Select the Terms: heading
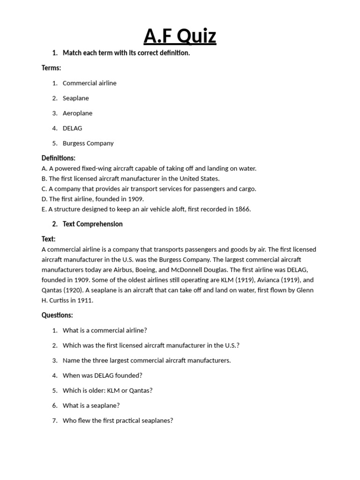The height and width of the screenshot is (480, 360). [51, 68]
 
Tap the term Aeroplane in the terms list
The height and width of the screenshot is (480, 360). [77, 113]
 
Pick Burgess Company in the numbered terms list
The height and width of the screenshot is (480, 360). [88, 143]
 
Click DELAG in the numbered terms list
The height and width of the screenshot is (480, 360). [72, 128]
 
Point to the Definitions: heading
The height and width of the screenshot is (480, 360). [58, 158]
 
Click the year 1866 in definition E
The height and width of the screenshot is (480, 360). [242, 209]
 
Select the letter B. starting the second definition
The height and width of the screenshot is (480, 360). [44, 179]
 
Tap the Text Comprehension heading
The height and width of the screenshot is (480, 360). [92, 224]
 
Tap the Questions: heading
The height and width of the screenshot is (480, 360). [57, 315]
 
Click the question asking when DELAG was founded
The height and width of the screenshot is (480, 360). [102, 375]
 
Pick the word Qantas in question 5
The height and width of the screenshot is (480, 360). [142, 390]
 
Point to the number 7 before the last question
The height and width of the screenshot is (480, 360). [54, 420]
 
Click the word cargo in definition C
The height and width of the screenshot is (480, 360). [247, 189]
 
